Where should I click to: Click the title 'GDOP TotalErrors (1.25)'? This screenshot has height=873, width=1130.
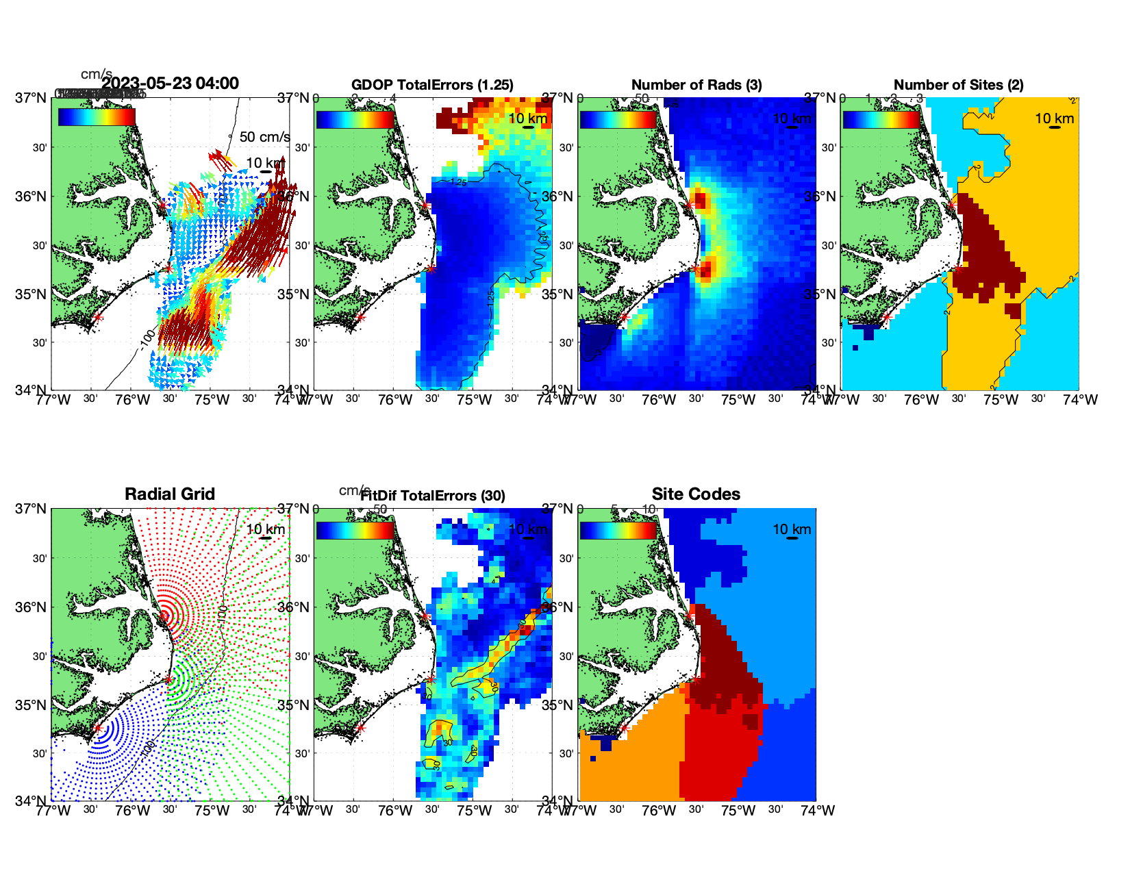coord(432,85)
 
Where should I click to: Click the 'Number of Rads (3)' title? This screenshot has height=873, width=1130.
coord(696,85)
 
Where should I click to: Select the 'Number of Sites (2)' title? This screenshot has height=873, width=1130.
coord(958,85)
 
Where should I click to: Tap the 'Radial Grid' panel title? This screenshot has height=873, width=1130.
coord(170,494)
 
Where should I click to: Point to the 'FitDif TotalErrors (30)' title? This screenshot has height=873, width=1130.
coord(433,496)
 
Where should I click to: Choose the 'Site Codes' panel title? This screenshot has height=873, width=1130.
coord(696,494)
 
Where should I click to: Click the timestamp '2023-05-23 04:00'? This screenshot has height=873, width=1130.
coord(170,84)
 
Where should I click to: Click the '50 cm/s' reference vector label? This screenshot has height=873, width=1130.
coord(264,137)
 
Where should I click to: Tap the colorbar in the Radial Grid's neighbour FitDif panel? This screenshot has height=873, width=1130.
coord(355,530)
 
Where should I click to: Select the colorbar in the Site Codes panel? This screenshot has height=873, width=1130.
coord(618,530)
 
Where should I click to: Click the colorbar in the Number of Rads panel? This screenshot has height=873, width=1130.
coord(618,119)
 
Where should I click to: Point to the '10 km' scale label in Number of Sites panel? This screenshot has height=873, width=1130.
coord(1054,118)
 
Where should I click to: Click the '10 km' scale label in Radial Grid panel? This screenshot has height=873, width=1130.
coord(265,529)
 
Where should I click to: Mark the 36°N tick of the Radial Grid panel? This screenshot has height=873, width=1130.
coord(33,607)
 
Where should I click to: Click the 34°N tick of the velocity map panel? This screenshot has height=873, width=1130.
coord(33,390)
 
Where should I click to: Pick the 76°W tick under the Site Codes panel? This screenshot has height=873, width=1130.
coord(658,811)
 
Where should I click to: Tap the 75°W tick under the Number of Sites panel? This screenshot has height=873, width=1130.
coord(1001,400)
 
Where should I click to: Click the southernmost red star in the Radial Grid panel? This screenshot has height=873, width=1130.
coord(97,729)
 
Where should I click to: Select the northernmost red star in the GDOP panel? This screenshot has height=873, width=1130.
coord(425,205)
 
